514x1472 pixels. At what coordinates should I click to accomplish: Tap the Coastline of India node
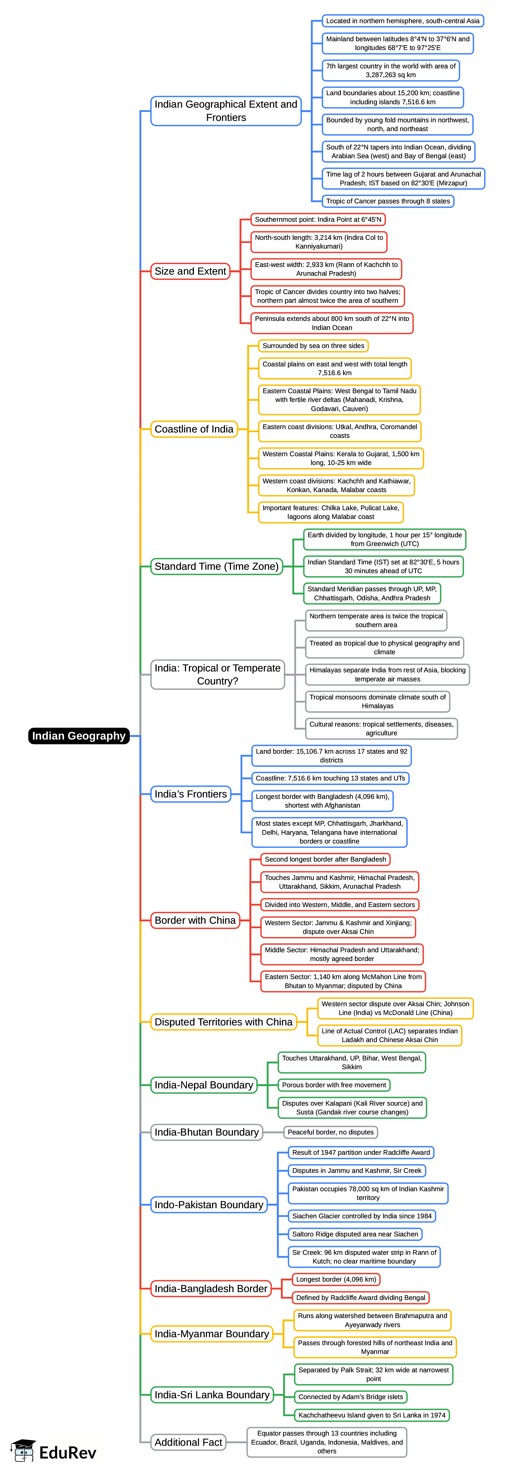point(194,429)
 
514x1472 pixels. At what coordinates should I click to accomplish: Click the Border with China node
point(195,920)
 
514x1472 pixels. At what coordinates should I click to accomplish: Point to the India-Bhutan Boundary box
point(206,1132)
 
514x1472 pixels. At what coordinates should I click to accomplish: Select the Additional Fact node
point(188,1442)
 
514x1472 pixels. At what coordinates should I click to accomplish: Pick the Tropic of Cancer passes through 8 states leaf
point(388,201)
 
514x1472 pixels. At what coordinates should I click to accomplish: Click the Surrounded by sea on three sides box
point(313,346)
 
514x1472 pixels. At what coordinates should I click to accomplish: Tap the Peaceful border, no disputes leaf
point(331,1132)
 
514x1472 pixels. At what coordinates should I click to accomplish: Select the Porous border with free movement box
point(334,1084)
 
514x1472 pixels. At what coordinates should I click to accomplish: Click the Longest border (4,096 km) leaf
point(336,1279)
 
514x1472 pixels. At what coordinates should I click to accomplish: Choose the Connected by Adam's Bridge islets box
point(351,1397)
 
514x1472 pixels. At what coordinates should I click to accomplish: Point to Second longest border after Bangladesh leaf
point(325,859)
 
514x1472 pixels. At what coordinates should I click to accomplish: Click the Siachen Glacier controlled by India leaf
point(361,1216)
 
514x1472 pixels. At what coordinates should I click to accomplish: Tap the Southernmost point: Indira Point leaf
point(318,219)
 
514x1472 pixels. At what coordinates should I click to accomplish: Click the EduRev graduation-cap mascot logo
point(23,1450)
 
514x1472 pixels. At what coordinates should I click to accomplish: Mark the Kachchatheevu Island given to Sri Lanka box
point(372,1415)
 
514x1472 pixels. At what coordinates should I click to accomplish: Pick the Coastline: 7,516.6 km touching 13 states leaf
point(331,778)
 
